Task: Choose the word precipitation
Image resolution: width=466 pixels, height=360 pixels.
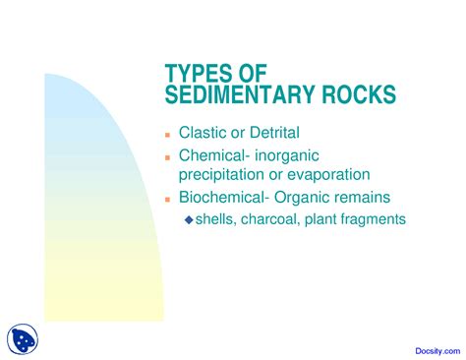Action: click(217, 173)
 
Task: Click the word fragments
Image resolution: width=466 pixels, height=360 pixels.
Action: click(370, 219)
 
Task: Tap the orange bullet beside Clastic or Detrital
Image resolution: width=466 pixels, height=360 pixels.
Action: click(168, 133)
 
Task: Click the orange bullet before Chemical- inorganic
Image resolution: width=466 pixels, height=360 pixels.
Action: click(168, 156)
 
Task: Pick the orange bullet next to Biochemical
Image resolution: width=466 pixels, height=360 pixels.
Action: click(168, 198)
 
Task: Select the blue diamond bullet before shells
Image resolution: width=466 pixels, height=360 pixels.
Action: click(189, 219)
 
